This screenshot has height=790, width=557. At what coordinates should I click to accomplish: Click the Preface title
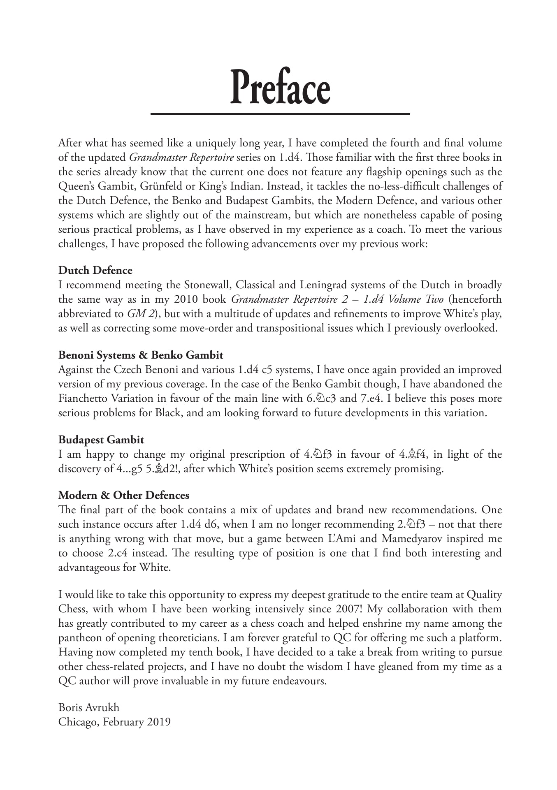pyautogui.click(x=280, y=88)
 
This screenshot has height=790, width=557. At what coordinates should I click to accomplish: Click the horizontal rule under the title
pyautogui.click(x=280, y=114)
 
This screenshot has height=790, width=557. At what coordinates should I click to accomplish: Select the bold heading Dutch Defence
pyautogui.click(x=95, y=270)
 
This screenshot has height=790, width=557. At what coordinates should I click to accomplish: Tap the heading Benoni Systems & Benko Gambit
pyautogui.click(x=141, y=355)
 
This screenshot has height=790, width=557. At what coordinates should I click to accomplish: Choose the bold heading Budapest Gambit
pyautogui.click(x=101, y=440)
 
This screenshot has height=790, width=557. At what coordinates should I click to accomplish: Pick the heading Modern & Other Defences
pyautogui.click(x=124, y=495)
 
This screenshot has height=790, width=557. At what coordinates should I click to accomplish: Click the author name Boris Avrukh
pyautogui.click(x=89, y=707)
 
